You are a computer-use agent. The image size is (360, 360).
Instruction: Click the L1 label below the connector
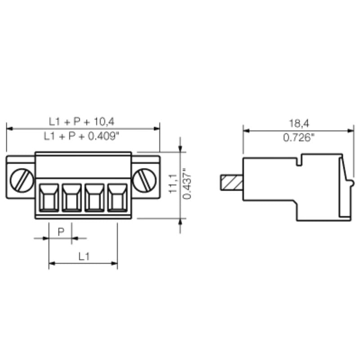tap(83, 256)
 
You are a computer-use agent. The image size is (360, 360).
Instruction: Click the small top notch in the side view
tap(299, 162)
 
